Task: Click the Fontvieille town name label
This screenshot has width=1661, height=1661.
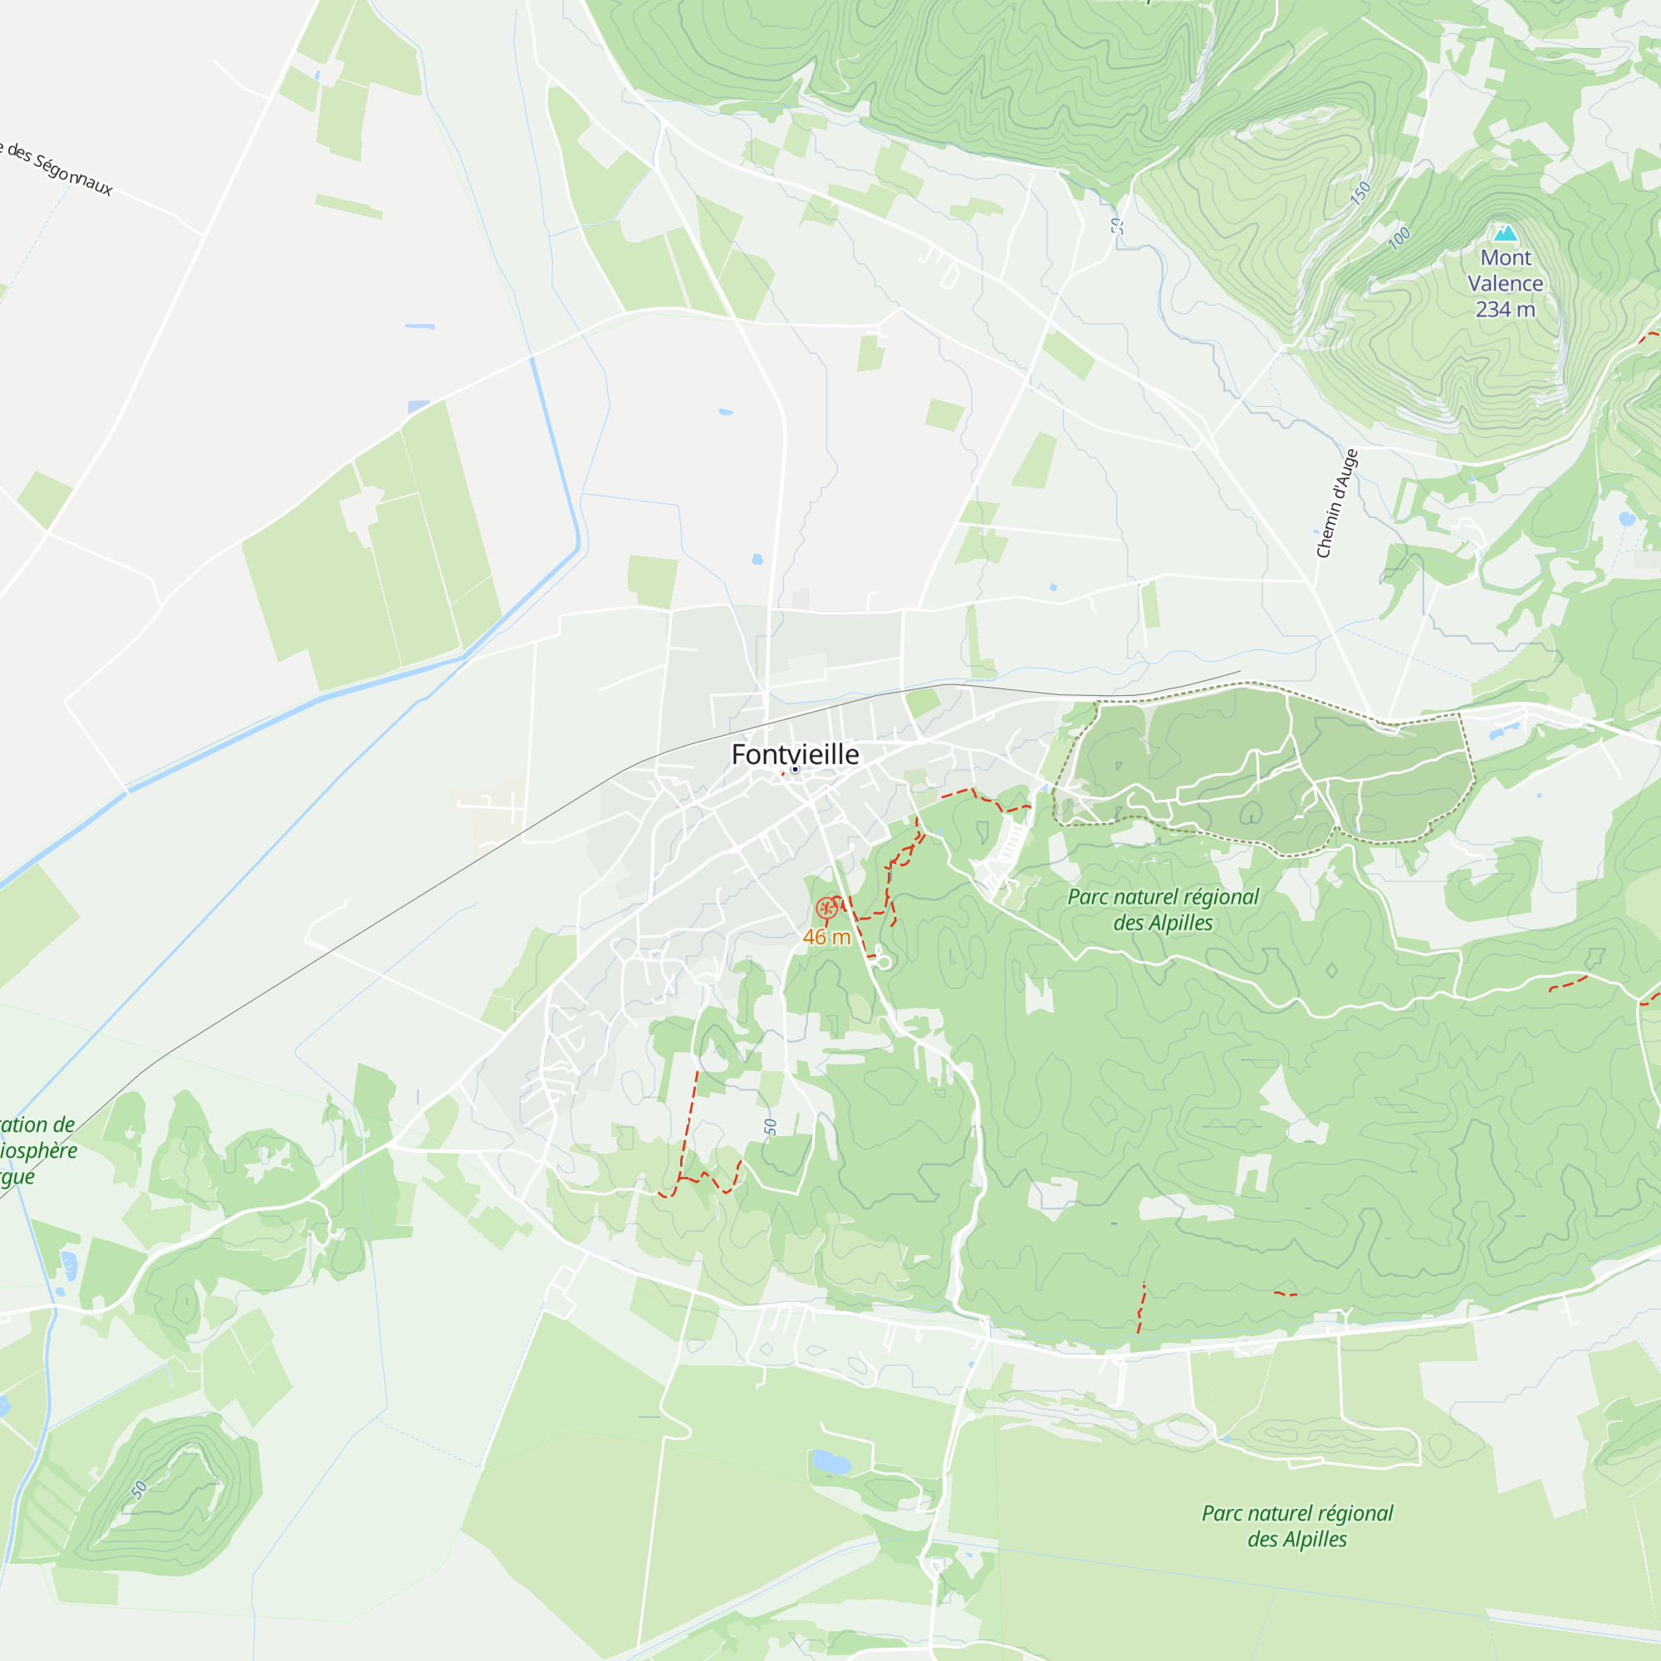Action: coord(795,754)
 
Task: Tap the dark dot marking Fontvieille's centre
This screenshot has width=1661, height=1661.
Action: coord(796,770)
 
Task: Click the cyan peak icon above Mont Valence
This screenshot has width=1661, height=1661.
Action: coord(1505,233)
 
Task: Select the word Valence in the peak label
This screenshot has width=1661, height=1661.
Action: coord(1505,283)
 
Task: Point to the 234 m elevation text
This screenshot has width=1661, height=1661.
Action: coord(1505,309)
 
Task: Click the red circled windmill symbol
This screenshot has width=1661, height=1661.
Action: coord(826,907)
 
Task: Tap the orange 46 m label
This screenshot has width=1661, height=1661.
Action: coord(826,937)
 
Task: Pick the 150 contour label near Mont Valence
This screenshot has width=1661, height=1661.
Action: coord(1360,194)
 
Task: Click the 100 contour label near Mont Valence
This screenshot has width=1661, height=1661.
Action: coord(1399,237)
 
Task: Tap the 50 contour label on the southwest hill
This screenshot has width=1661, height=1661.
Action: coord(140,1490)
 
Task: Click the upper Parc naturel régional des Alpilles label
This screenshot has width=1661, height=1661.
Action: coord(1163,909)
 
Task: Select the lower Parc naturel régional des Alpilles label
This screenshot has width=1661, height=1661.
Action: coord(1296,1525)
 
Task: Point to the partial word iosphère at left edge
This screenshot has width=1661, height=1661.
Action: coord(39,1150)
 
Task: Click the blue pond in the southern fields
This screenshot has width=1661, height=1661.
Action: coord(830,1461)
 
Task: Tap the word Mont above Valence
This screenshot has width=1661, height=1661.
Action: coord(1506,257)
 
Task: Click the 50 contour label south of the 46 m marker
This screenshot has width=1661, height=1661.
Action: coord(771,1126)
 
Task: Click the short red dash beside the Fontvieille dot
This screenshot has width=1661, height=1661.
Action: coord(782,774)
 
